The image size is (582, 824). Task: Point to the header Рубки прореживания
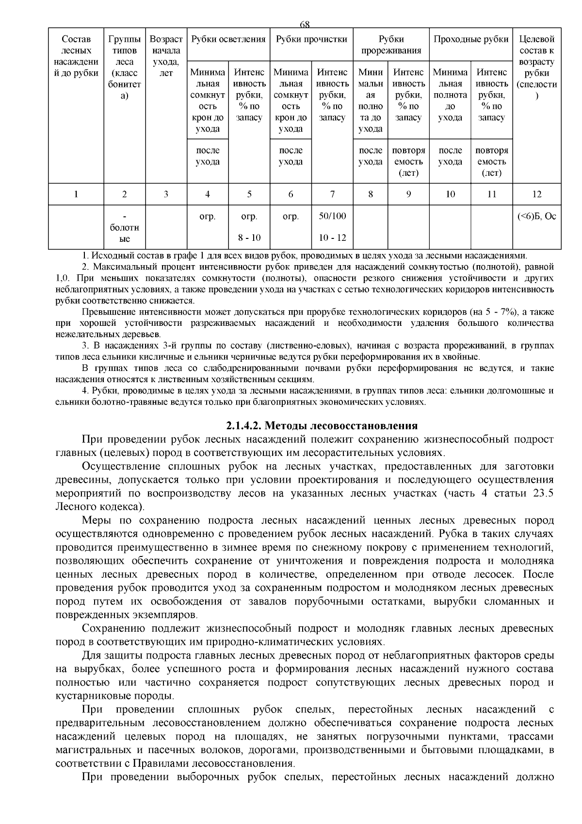pos(391,45)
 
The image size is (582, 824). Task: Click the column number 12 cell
pos(536,194)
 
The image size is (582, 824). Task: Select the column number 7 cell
pos(332,194)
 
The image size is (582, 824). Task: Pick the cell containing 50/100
pos(332,216)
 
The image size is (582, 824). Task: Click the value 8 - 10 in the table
pos(249,238)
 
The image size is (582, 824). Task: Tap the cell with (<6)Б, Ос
pos(536,216)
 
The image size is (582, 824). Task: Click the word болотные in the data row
pos(125,233)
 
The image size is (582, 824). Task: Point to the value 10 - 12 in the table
pos(332,238)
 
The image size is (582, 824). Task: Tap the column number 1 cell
pos(76,194)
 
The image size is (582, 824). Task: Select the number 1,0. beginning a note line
pos(63,278)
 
